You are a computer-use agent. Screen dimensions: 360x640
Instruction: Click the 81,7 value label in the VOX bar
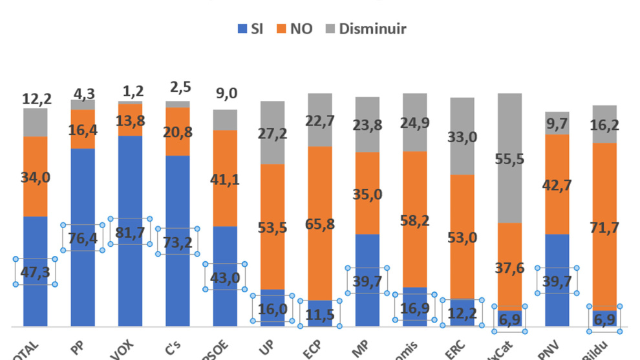point(130,231)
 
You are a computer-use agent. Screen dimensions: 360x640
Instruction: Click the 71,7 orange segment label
point(604,226)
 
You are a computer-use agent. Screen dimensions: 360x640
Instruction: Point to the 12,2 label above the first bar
point(36,99)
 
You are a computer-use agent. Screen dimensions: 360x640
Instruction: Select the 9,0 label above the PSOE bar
point(226,94)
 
